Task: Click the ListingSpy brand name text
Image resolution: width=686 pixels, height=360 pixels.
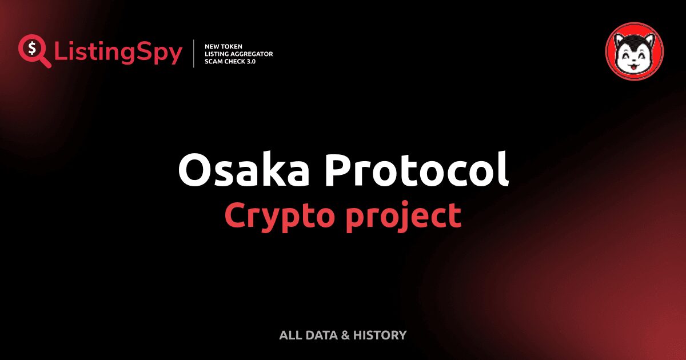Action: coord(118,53)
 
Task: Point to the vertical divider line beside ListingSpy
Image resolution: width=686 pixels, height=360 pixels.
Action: coord(194,54)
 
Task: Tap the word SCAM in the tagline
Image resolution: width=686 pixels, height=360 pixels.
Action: coord(215,61)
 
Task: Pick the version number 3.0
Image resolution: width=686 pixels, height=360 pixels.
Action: coord(250,61)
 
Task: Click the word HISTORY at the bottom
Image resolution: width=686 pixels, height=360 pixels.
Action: coord(380,335)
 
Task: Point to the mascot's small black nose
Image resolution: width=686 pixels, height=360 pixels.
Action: coord(634,59)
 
